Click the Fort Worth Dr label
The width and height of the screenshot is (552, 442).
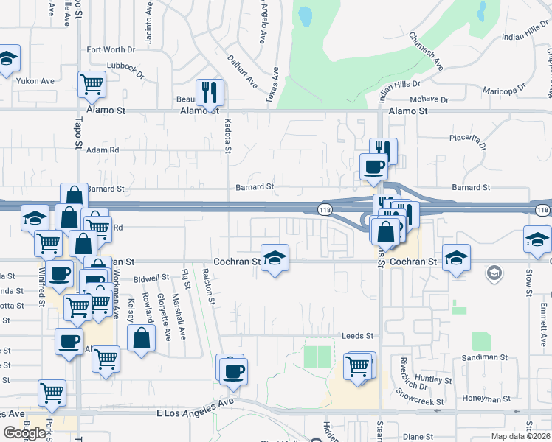pos(111,50)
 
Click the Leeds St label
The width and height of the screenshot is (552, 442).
pos(357,336)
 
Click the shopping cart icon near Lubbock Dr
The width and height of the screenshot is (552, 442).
pos(92,85)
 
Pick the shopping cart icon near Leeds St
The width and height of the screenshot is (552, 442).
pos(358,366)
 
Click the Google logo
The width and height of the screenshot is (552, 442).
pos(25,433)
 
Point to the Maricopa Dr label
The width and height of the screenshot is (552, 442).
pos(505,91)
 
